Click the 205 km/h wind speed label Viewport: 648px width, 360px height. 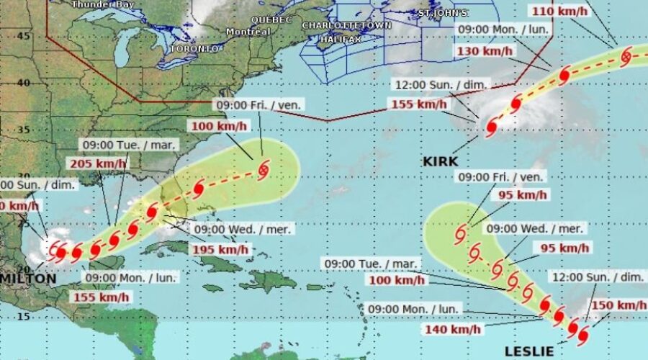coord(98,163)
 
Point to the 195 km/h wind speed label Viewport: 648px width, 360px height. coord(220,249)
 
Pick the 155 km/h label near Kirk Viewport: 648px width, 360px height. coord(418,104)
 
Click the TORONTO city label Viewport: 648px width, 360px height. coord(193,48)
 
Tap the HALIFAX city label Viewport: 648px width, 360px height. coord(341,39)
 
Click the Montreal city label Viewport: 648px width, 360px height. coord(248,32)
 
